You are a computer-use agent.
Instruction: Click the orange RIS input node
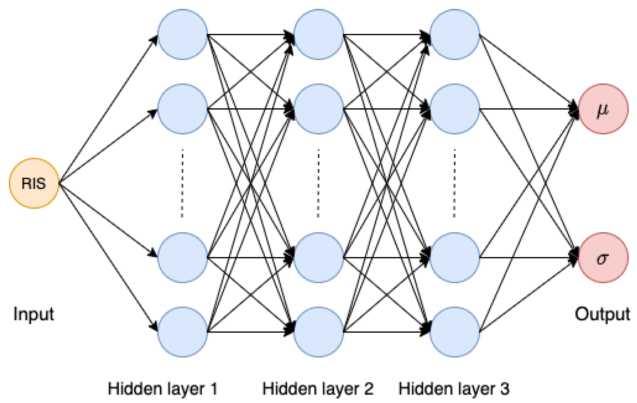pyautogui.click(x=34, y=183)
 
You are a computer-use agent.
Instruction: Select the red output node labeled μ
pyautogui.click(x=603, y=109)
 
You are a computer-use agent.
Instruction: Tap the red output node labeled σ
pyautogui.click(x=603, y=258)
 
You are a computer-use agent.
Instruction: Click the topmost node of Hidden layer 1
pyautogui.click(x=183, y=34)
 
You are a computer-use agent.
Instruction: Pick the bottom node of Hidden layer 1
pyautogui.click(x=183, y=332)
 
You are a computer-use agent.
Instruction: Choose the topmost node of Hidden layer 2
pyautogui.click(x=319, y=34)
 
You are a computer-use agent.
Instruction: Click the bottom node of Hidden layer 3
pyautogui.click(x=454, y=332)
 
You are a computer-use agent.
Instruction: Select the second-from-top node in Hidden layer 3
pyautogui.click(x=454, y=109)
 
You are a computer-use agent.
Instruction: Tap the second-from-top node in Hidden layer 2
pyautogui.click(x=319, y=109)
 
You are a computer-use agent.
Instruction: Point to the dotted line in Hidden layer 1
pyautogui.click(x=182, y=183)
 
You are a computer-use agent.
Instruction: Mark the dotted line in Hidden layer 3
pyautogui.click(x=454, y=183)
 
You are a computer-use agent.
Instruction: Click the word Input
pyautogui.click(x=34, y=314)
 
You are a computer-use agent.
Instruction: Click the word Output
pyautogui.click(x=602, y=314)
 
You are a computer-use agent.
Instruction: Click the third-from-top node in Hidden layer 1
pyautogui.click(x=183, y=258)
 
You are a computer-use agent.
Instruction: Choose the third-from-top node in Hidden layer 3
pyautogui.click(x=454, y=258)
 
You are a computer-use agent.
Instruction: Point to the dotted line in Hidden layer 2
pyautogui.click(x=319, y=183)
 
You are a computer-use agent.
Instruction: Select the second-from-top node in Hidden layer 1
pyautogui.click(x=183, y=109)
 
